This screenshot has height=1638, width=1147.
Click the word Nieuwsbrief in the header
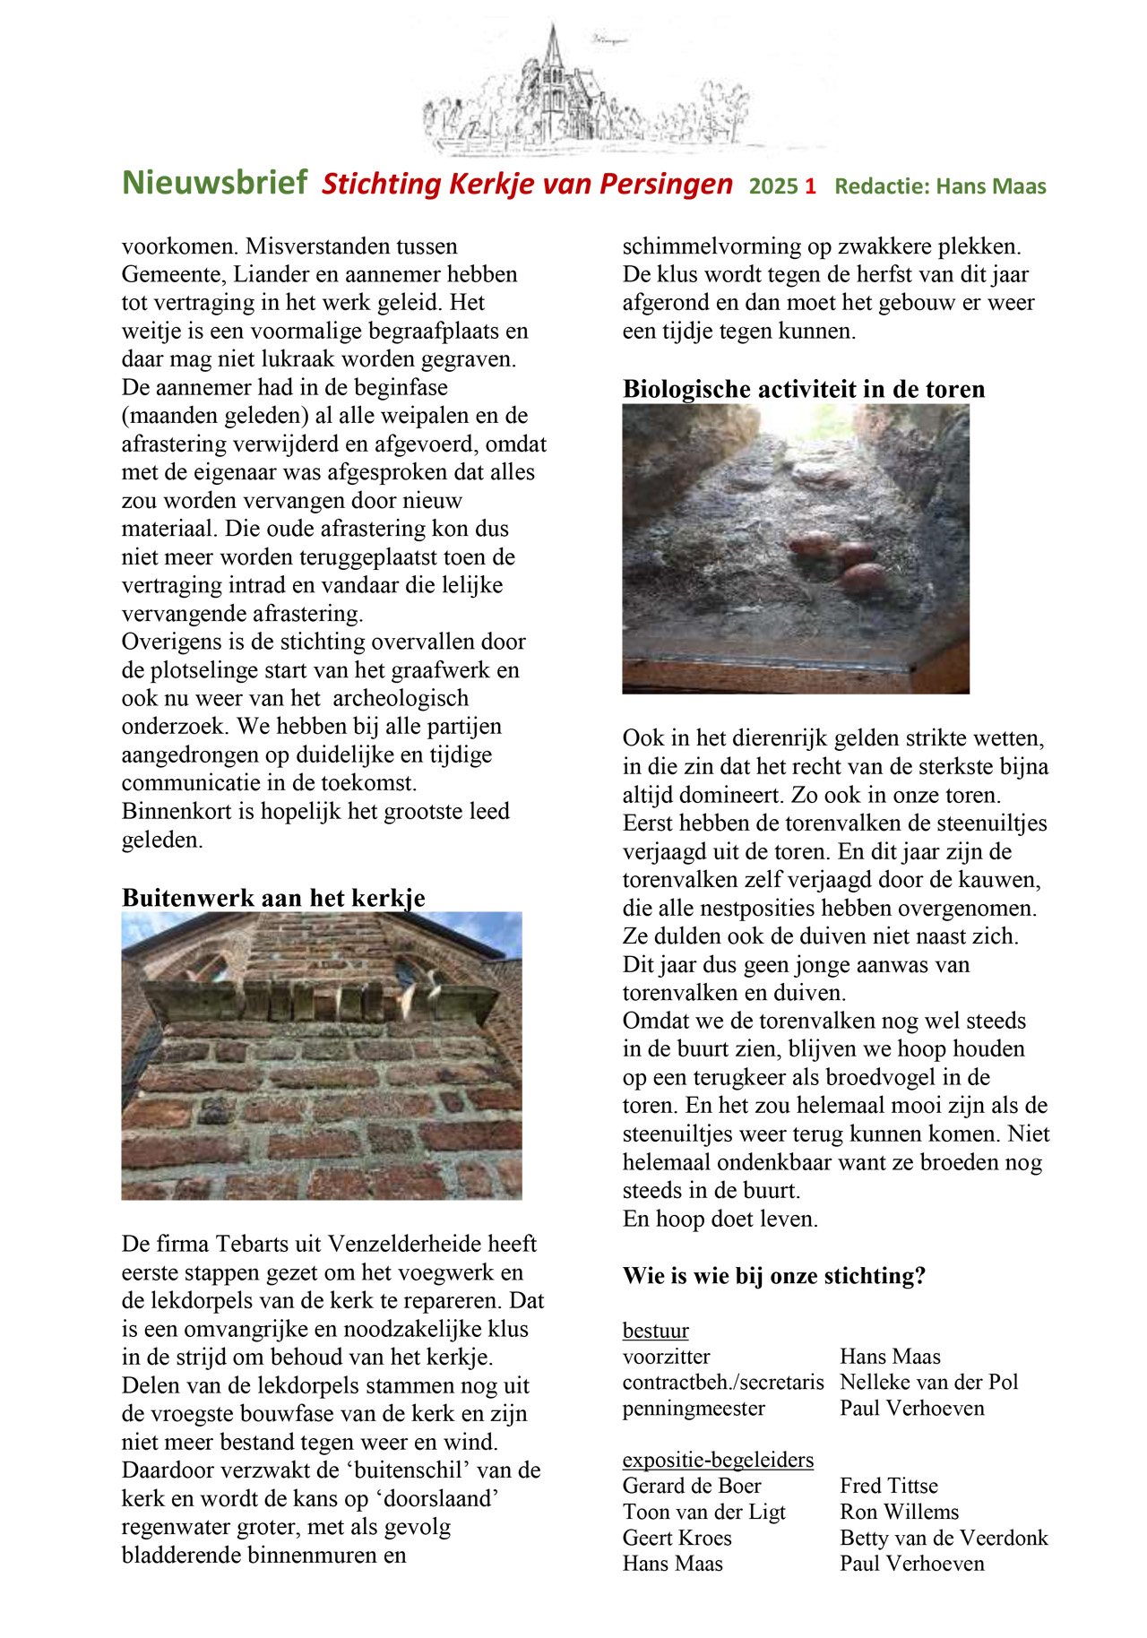215,183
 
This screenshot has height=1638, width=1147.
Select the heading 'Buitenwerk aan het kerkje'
273,898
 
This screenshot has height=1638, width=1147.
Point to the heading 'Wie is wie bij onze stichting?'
774,1275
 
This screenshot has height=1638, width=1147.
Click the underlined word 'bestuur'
656,1331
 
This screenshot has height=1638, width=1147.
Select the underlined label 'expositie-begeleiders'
718,1460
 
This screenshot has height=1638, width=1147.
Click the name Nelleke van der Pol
929,1382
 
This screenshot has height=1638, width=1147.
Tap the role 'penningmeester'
694,1408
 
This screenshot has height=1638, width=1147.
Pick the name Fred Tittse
889,1486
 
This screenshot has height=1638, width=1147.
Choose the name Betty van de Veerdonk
944,1538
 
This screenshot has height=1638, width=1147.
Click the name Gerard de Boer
692,1486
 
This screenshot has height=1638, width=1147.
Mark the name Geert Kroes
677,1538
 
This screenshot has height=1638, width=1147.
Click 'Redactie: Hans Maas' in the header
940,186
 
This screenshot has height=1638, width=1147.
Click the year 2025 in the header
773,186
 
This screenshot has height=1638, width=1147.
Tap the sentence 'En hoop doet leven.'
720,1219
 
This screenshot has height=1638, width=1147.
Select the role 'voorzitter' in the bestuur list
667,1357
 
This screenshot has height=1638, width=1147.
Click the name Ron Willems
899,1512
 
